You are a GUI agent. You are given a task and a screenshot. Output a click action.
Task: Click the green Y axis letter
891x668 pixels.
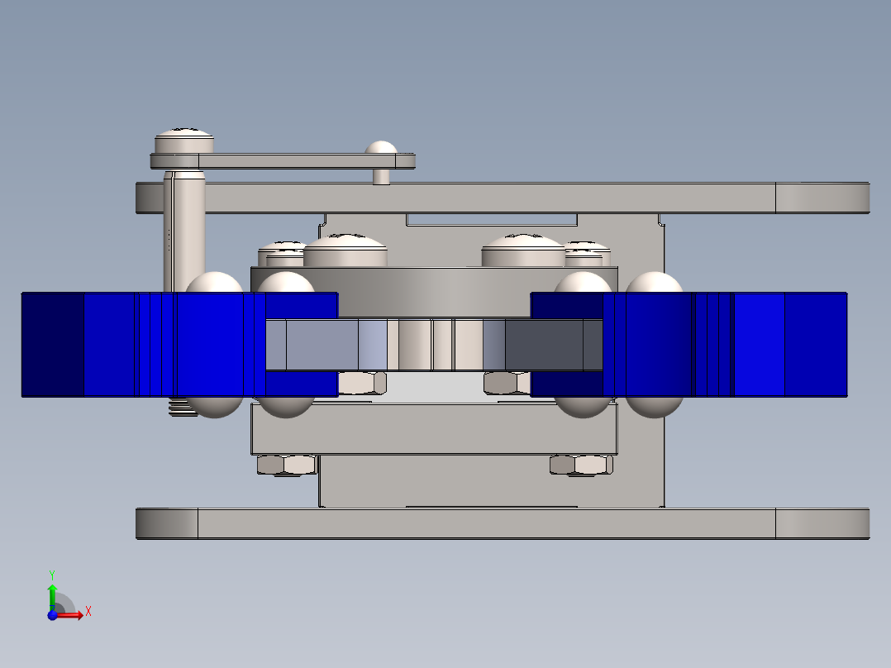(52, 575)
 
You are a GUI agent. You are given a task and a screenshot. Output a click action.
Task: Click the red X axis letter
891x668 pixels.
(88, 612)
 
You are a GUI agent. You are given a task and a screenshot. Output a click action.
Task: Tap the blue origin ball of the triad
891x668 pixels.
(52, 615)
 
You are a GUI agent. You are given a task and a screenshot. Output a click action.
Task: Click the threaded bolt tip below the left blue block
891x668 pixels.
(183, 407)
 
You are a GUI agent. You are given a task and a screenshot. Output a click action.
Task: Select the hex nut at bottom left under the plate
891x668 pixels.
(286, 465)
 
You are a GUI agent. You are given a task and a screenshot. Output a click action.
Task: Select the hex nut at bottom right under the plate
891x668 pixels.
(581, 465)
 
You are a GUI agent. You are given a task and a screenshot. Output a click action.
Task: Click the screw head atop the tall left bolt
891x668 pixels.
(184, 141)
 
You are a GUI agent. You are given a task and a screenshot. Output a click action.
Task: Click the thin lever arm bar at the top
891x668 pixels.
(283, 161)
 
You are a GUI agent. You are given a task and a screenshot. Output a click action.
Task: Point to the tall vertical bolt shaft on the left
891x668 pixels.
(184, 231)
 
